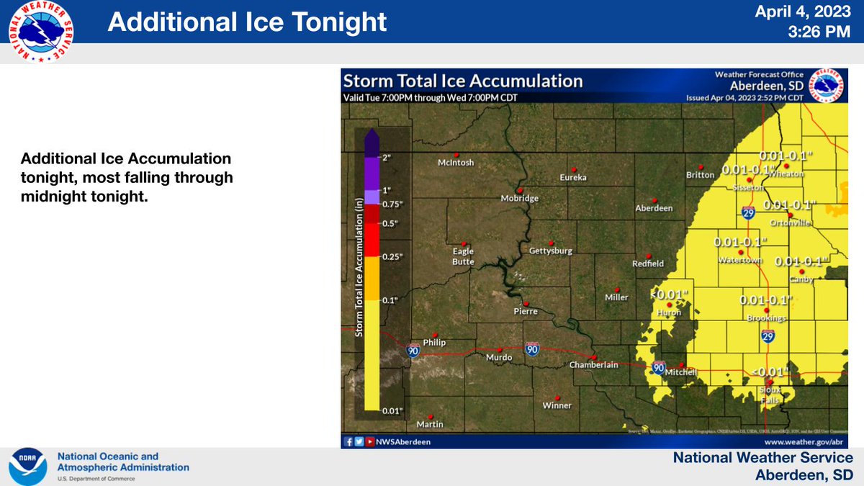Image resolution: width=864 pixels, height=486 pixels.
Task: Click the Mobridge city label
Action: [x=520, y=199]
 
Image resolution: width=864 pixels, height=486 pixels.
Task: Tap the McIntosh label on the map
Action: [x=456, y=163]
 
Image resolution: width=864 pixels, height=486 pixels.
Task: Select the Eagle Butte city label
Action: [x=463, y=256]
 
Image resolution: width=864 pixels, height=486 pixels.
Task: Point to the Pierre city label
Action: [x=526, y=312]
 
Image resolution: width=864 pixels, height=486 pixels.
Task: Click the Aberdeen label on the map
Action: [x=654, y=208]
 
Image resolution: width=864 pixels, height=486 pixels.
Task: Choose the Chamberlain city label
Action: [x=594, y=365]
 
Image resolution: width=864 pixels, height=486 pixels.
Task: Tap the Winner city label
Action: [x=557, y=405]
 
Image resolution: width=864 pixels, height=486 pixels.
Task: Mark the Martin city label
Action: [x=430, y=425]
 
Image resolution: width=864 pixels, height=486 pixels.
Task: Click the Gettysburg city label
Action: [x=550, y=251]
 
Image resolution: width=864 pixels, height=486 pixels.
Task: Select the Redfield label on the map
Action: [x=648, y=264]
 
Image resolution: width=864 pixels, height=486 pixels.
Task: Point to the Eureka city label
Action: [x=574, y=177]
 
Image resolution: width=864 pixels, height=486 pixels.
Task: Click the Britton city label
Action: [x=700, y=175]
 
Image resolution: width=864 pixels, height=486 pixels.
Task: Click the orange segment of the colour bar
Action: [x=372, y=278]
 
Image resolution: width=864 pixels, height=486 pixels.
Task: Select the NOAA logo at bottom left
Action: [x=27, y=467]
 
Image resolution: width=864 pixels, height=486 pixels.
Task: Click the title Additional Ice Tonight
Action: [x=247, y=22]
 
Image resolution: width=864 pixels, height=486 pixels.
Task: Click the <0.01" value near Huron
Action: [x=670, y=294]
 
